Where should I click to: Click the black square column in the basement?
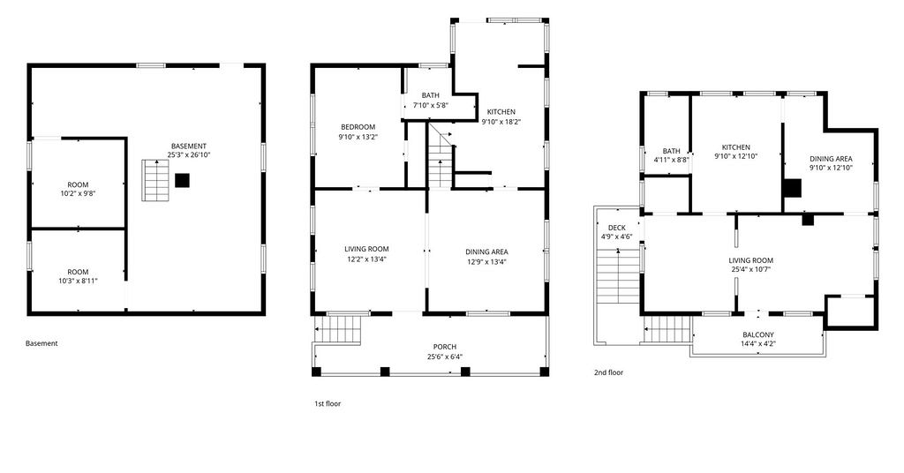(x=182, y=180)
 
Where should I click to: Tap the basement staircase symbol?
(x=155, y=180)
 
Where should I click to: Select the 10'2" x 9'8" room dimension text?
(x=78, y=193)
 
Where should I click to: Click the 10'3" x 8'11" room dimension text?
(x=78, y=281)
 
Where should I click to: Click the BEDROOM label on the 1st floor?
(x=358, y=127)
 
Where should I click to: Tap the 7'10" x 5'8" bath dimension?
(x=431, y=105)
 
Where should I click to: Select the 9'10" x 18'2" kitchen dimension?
(x=501, y=122)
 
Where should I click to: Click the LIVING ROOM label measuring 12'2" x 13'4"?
(x=366, y=249)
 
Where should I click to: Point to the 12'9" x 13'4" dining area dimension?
(x=487, y=261)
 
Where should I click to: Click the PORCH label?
(x=445, y=347)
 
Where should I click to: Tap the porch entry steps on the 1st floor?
(x=340, y=329)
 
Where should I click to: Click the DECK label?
(x=617, y=228)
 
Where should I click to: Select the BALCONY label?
(x=758, y=334)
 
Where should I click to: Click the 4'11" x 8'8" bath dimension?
(x=671, y=160)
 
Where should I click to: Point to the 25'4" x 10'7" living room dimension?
(x=751, y=269)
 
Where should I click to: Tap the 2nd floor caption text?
(x=609, y=372)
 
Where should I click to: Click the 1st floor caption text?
(x=328, y=404)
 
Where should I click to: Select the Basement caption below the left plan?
(x=41, y=343)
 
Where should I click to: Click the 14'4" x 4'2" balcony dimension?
(x=758, y=344)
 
